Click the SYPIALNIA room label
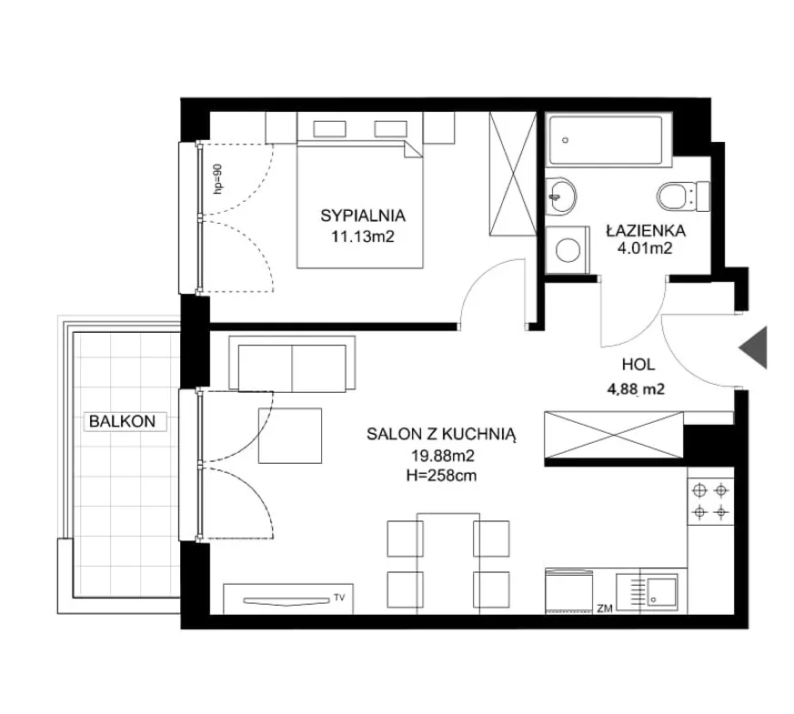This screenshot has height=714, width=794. [x=363, y=216]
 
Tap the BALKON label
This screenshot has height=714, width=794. [x=122, y=421]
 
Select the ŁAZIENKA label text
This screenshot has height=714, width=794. [x=646, y=231]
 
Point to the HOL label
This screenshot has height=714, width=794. [x=638, y=364]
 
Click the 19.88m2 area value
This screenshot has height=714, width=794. [x=442, y=456]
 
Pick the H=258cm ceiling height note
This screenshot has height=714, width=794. [x=441, y=476]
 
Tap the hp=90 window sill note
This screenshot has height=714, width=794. [x=217, y=179]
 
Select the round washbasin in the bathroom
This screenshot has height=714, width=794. [x=560, y=196]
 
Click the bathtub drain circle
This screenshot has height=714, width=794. [x=566, y=140]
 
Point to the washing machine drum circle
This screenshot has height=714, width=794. [x=568, y=249]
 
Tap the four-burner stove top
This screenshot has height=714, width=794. [x=710, y=502]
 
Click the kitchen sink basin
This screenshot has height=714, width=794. [x=661, y=591]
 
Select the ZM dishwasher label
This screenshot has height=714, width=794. [x=605, y=608]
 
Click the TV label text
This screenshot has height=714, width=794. [x=339, y=598]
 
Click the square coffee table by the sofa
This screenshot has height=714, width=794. [x=290, y=436]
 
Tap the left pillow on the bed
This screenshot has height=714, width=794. [x=329, y=128]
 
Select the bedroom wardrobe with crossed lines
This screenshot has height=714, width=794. [x=512, y=174]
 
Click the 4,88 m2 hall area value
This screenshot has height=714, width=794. [x=636, y=389]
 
